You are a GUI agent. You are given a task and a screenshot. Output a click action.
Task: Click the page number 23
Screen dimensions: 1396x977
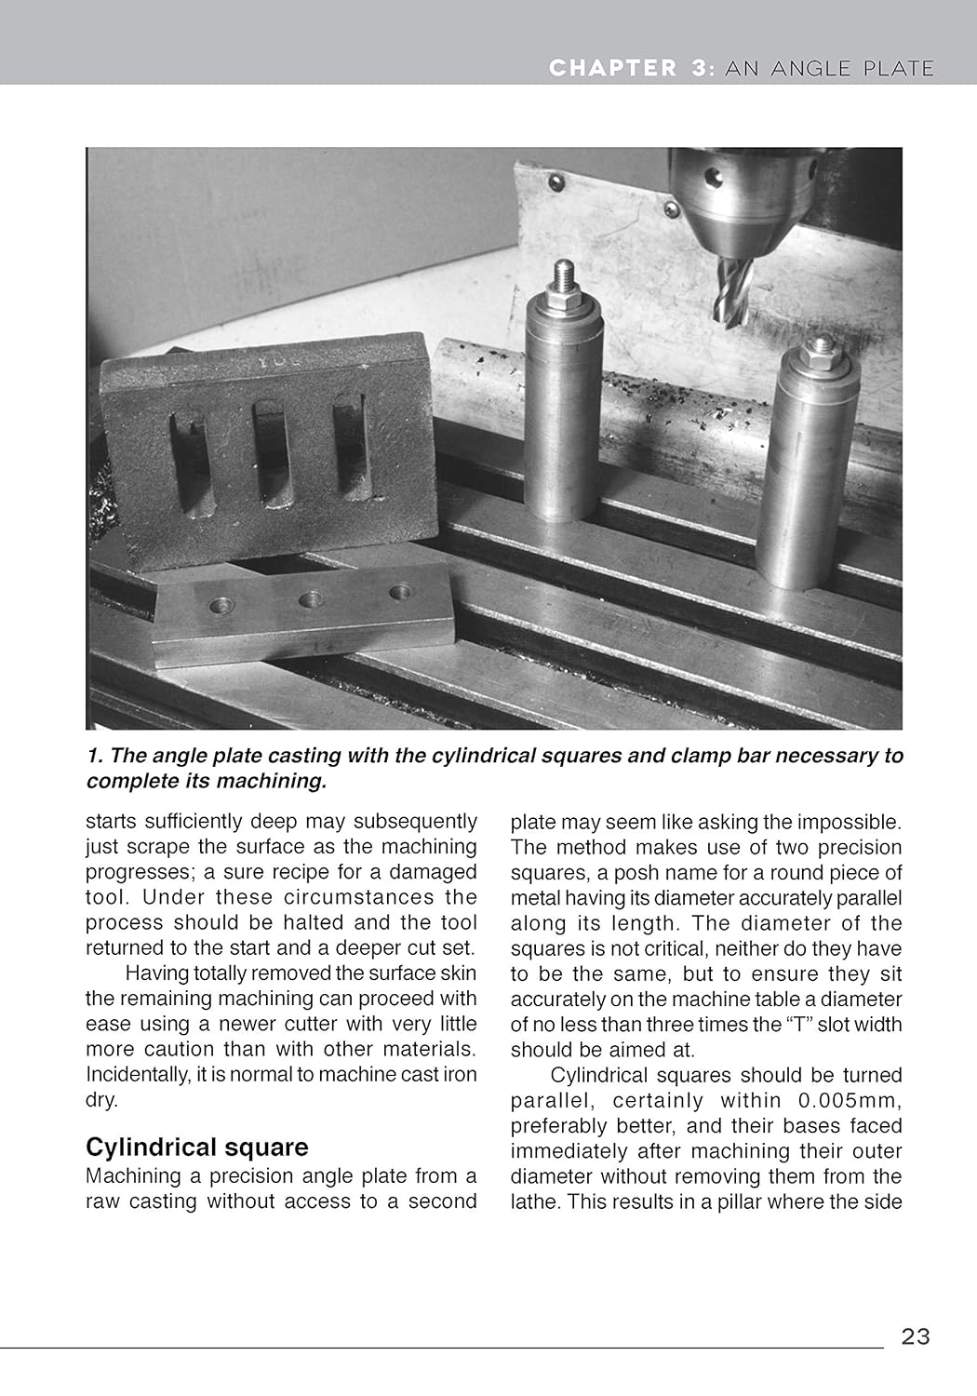click(915, 1336)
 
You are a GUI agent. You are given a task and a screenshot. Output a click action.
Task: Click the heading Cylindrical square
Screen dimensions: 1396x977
click(196, 1147)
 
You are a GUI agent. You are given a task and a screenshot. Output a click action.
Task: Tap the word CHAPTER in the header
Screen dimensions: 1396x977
click(612, 68)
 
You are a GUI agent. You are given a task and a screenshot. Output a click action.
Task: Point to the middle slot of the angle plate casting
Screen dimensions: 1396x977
click(271, 453)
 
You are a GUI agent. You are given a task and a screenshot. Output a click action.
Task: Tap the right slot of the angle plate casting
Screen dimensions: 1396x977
click(347, 444)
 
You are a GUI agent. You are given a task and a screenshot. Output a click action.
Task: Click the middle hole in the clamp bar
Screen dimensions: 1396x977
click(311, 599)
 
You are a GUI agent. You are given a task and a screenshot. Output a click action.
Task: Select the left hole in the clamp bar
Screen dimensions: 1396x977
click(221, 607)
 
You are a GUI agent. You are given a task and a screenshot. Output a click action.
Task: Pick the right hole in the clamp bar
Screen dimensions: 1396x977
click(401, 591)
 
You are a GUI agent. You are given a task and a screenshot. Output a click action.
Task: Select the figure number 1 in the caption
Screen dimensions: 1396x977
click(92, 756)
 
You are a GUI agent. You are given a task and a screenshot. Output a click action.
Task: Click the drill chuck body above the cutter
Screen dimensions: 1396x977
click(740, 200)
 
